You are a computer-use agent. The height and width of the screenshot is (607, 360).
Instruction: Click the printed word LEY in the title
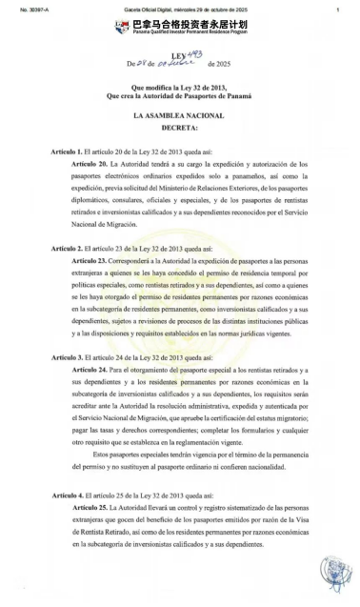coord(174,58)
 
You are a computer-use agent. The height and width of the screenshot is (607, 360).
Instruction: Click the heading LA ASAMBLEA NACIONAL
coord(179,114)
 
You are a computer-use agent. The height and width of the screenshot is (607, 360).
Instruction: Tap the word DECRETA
coord(179,126)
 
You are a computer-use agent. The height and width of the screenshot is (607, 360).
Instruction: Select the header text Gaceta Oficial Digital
coord(157,8)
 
